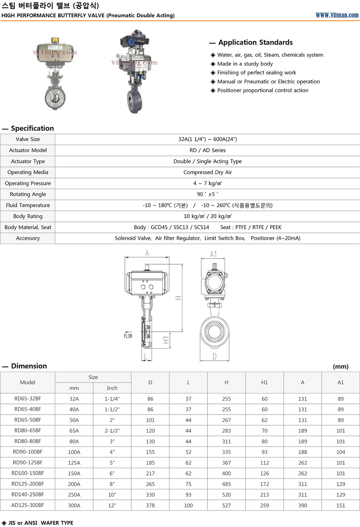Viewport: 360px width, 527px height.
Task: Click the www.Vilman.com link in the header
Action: (337, 15)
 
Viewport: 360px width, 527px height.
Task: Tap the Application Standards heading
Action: (255, 42)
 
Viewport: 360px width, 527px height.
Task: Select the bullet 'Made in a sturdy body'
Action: (245, 64)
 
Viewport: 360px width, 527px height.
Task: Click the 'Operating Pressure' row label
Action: (28, 183)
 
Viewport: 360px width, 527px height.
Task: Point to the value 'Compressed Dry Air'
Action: (207, 172)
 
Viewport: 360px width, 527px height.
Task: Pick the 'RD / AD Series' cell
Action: (207, 150)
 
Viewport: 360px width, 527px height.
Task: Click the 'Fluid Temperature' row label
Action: (28, 205)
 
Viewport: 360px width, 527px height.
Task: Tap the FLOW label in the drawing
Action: (128, 336)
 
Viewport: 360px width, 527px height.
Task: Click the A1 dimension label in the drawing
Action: (213, 255)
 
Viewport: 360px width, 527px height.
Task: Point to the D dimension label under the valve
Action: (214, 356)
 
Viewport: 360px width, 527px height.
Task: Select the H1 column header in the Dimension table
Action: (264, 383)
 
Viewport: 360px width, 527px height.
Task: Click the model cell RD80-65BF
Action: (28, 430)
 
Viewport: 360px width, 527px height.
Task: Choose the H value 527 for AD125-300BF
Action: (226, 505)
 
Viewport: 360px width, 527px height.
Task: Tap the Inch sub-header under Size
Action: (112, 388)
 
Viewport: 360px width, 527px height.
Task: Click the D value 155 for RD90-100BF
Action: (150, 452)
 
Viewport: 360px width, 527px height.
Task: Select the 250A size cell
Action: (74, 495)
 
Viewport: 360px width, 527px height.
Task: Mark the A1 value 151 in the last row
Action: (340, 505)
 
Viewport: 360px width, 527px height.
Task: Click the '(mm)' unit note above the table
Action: (340, 366)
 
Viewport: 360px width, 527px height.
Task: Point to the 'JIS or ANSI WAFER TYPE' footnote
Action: (41, 523)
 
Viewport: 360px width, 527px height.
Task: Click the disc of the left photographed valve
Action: (55, 98)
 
